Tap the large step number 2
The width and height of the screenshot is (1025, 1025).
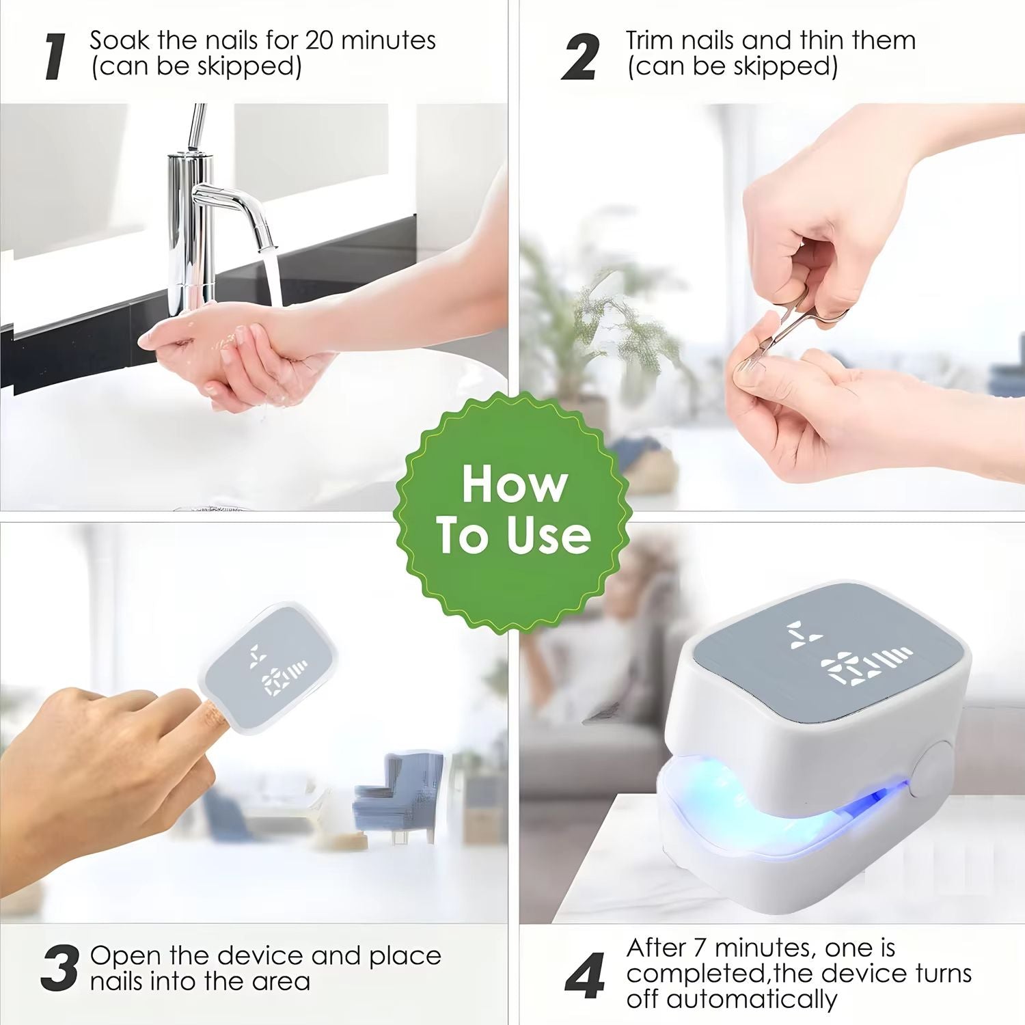click(x=580, y=57)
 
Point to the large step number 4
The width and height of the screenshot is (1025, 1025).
click(x=585, y=975)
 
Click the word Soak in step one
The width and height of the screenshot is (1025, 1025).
click(x=119, y=40)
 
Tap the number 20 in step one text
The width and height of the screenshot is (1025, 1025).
click(x=319, y=40)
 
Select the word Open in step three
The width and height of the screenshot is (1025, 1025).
click(x=126, y=956)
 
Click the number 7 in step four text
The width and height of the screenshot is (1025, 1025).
click(x=699, y=948)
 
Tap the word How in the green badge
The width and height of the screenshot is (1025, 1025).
click(x=515, y=484)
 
